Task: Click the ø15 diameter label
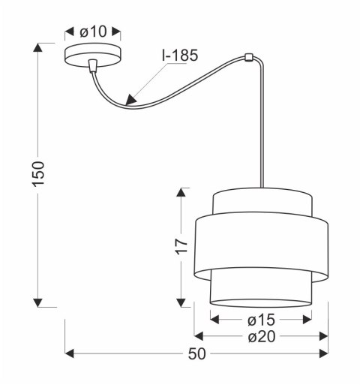pos(260,320)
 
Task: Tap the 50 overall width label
pos(196,354)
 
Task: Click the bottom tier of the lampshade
pos(260,289)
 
